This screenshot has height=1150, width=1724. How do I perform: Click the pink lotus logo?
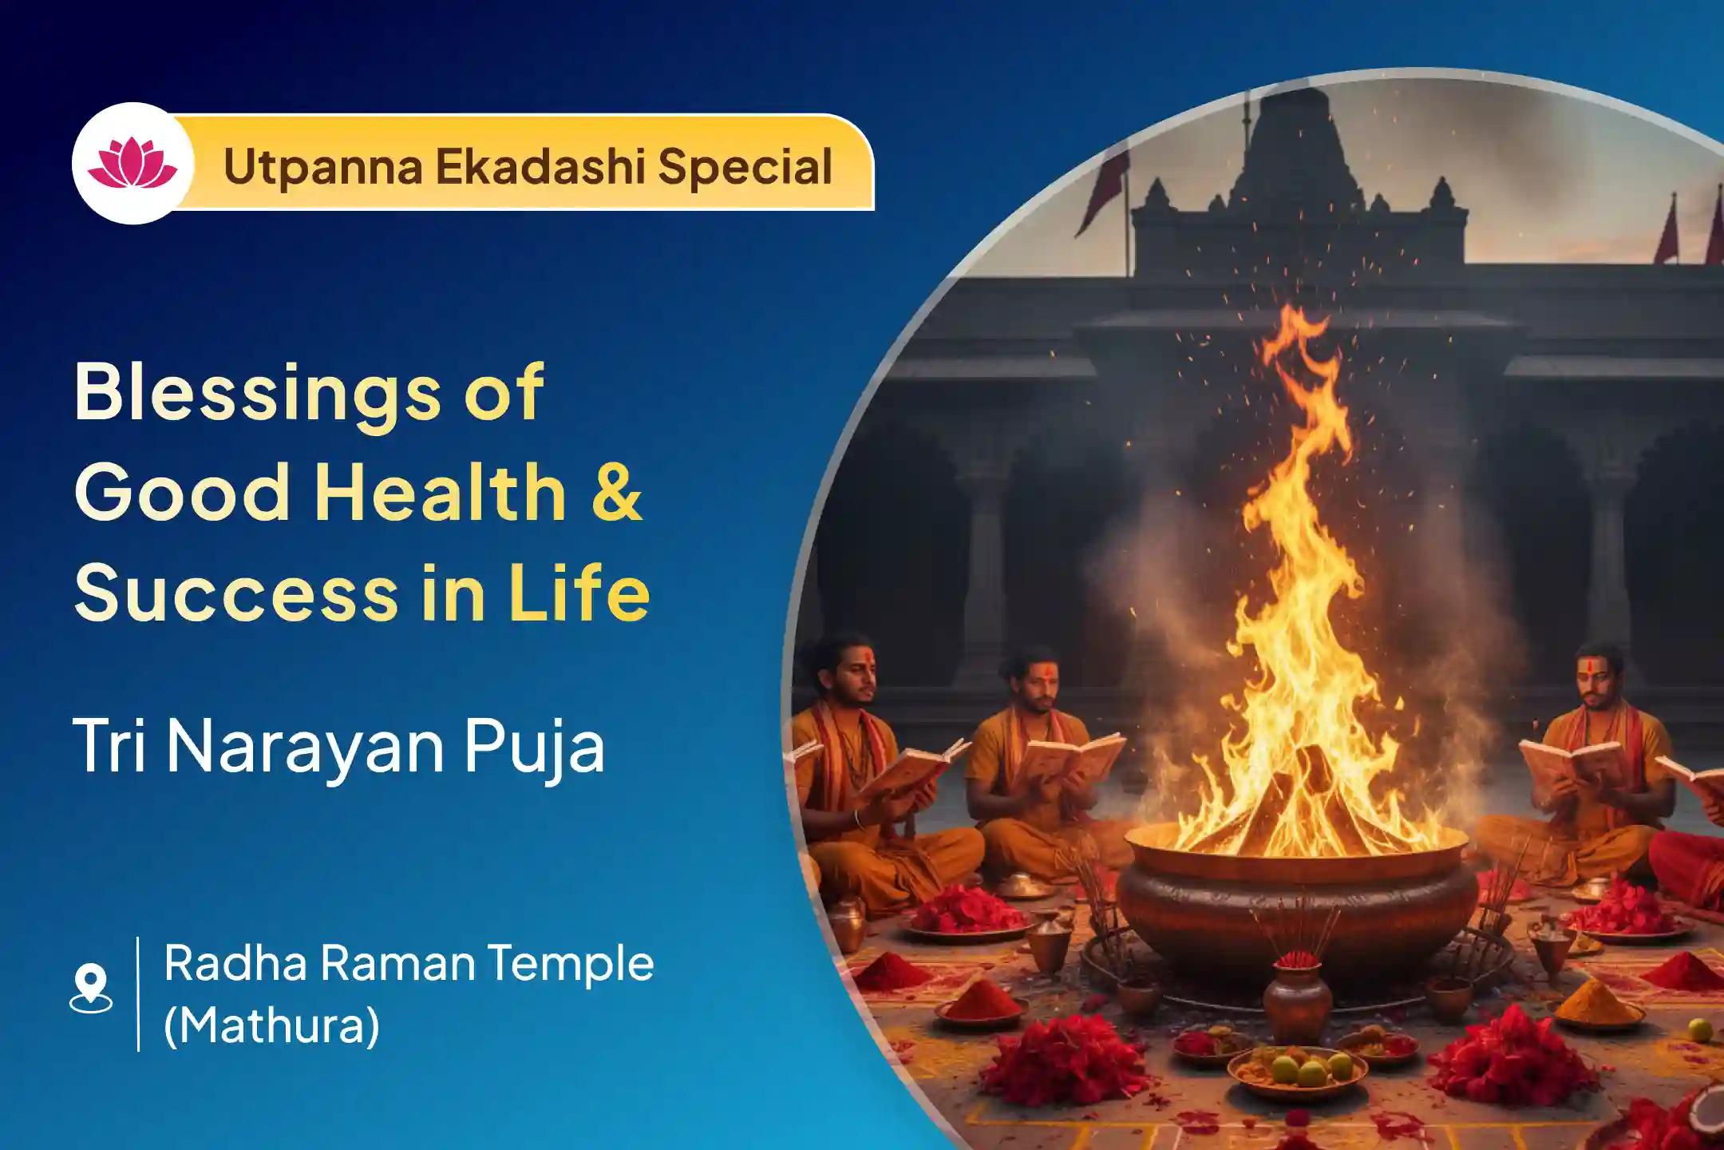(133, 162)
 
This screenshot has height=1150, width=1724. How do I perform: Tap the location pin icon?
(91, 989)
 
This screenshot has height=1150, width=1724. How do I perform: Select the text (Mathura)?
(271, 1026)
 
